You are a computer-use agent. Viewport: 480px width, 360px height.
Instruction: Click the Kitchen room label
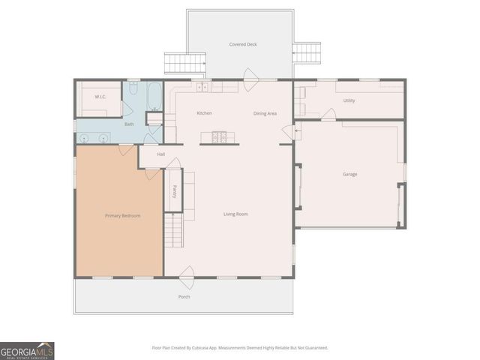tap(204, 113)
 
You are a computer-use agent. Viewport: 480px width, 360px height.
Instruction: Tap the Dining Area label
tap(265, 113)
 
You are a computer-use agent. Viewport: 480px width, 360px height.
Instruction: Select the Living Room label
tap(235, 214)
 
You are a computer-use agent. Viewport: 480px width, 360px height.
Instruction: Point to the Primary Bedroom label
tap(122, 216)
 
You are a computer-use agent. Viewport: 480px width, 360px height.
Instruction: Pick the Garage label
tap(349, 175)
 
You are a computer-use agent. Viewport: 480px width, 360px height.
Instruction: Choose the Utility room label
tap(349, 100)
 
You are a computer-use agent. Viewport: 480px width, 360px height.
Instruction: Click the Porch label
tap(184, 297)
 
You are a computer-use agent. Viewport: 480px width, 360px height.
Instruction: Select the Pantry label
tap(175, 192)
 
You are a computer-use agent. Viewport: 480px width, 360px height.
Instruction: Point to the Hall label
tap(160, 155)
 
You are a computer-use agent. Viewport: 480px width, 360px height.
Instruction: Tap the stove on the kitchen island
tap(220, 136)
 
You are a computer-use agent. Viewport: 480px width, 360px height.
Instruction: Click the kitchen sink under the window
tap(202, 87)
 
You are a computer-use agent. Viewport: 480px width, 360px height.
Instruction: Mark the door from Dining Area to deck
tap(250, 76)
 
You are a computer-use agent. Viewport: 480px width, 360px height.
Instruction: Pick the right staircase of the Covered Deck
tap(306, 52)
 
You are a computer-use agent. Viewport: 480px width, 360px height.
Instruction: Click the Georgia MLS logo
tap(27, 351)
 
